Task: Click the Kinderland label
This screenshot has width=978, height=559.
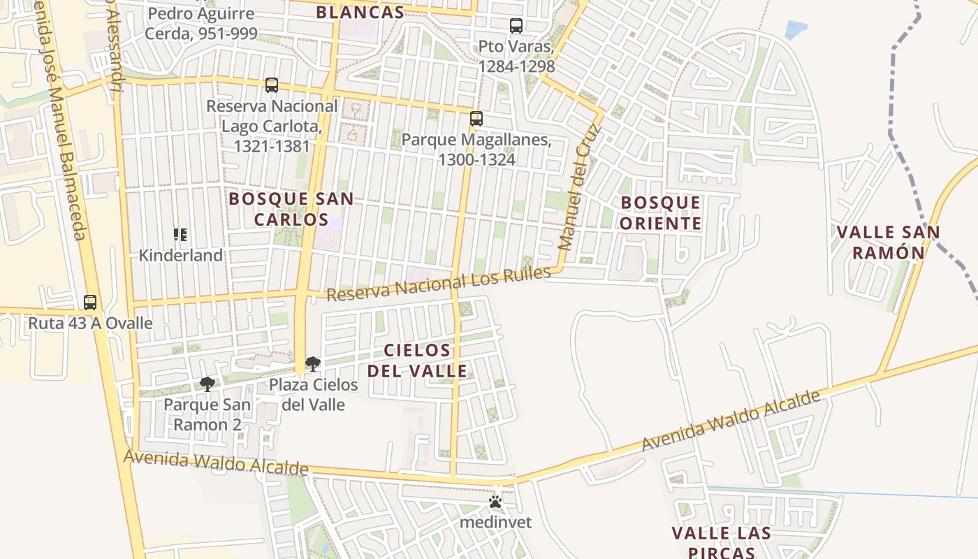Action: (x=181, y=256)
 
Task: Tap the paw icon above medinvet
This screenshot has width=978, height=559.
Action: (x=495, y=502)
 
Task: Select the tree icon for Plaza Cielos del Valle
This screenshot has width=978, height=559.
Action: (x=313, y=363)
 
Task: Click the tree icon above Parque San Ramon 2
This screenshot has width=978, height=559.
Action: (x=207, y=384)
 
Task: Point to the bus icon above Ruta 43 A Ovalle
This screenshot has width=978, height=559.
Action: (x=90, y=303)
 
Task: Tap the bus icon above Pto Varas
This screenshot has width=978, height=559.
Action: (x=516, y=26)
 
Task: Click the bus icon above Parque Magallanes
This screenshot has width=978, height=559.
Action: (x=476, y=119)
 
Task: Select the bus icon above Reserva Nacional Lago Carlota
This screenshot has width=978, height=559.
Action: (x=272, y=85)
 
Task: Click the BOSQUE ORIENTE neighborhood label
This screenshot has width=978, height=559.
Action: (x=660, y=213)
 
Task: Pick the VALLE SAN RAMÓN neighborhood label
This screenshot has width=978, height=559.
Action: (x=888, y=242)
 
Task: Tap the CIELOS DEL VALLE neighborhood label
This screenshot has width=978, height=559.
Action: (x=418, y=361)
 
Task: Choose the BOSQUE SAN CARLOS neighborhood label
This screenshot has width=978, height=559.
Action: (x=291, y=209)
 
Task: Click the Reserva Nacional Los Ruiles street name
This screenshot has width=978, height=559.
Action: (x=438, y=284)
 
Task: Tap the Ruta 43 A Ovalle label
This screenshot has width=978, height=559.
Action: (x=90, y=324)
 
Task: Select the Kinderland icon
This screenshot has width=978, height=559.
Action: (x=180, y=235)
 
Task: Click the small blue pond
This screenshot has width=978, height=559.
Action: (x=796, y=29)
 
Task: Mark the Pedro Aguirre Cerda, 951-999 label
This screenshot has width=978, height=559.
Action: (x=201, y=23)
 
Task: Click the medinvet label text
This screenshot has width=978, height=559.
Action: (x=495, y=522)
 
